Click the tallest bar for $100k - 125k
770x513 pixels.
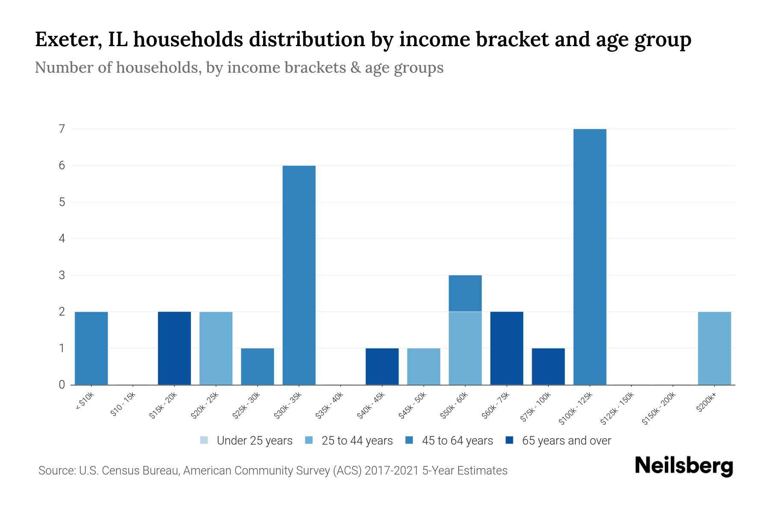coord(589,256)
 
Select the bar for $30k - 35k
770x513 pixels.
coord(299,275)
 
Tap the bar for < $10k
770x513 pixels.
coord(91,348)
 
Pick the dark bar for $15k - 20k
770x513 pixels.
coord(174,348)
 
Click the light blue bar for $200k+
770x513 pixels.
coord(714,348)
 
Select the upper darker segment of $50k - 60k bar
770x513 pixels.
coord(465,293)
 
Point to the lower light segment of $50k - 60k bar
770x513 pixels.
coord(465,348)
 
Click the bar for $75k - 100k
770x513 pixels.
coord(548,366)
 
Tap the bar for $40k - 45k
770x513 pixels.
coord(382,366)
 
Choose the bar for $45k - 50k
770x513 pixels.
coord(423,366)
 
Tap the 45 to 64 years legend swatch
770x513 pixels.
coord(409,440)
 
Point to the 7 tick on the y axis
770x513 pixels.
coord(62,129)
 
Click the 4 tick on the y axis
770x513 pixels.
coord(62,239)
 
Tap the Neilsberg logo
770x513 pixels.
coord(684,466)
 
